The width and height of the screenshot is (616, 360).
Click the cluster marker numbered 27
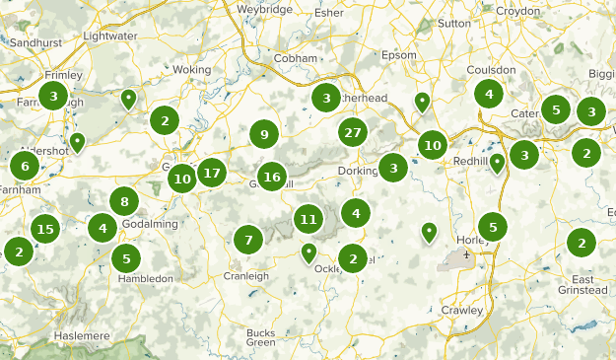point(353,132)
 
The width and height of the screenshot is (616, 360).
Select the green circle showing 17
point(211,174)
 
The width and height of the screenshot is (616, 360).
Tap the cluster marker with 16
point(273,178)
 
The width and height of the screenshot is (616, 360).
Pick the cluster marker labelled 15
point(43,229)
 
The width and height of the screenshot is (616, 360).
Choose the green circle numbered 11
point(308,219)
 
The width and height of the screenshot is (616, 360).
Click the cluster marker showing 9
point(264,134)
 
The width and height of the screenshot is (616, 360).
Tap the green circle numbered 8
point(123,202)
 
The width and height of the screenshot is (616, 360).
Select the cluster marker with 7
point(248,238)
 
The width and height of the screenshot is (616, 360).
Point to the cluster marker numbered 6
point(25,165)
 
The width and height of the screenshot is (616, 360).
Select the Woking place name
point(192,70)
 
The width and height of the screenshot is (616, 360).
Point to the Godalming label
point(151,224)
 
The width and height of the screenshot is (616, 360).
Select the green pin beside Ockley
point(308,252)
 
